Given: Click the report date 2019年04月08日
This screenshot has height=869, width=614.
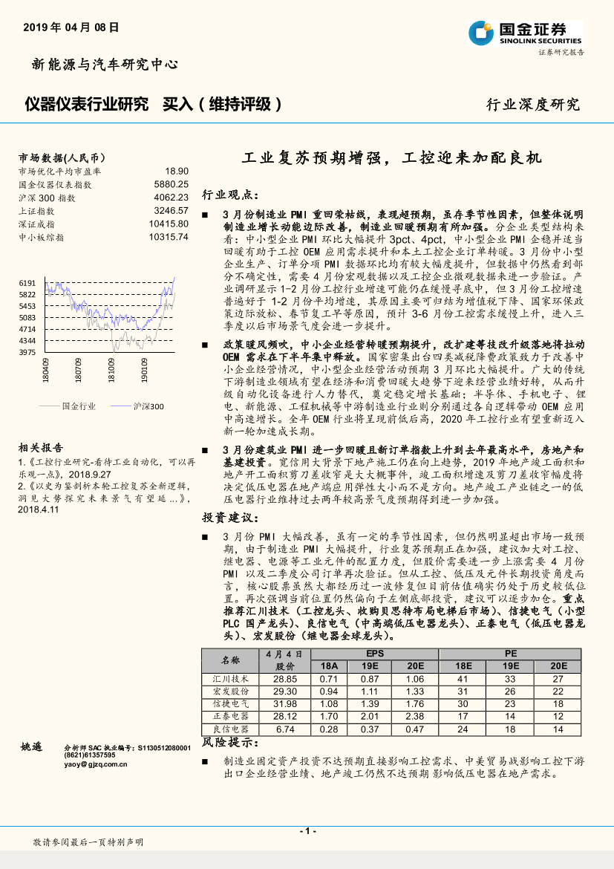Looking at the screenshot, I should tap(71, 27).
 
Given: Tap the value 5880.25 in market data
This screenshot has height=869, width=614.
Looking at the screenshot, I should tap(172, 183).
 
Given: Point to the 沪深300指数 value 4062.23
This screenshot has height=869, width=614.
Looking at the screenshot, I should tap(172, 197).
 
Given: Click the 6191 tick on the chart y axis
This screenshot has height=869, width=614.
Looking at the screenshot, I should tap(27, 283).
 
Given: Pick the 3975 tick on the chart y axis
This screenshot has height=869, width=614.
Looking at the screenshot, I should tap(27, 351).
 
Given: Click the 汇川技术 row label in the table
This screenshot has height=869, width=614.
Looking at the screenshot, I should tap(231, 679).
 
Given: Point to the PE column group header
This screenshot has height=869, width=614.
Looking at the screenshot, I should tap(511, 654).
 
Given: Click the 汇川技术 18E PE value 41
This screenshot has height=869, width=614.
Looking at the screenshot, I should tap(463, 679).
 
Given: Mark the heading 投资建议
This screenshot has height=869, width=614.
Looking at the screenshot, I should tap(230, 517).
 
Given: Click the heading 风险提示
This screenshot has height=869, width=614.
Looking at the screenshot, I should tap(230, 743).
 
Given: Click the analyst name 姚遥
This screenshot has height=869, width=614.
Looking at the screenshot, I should tap(33, 746).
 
